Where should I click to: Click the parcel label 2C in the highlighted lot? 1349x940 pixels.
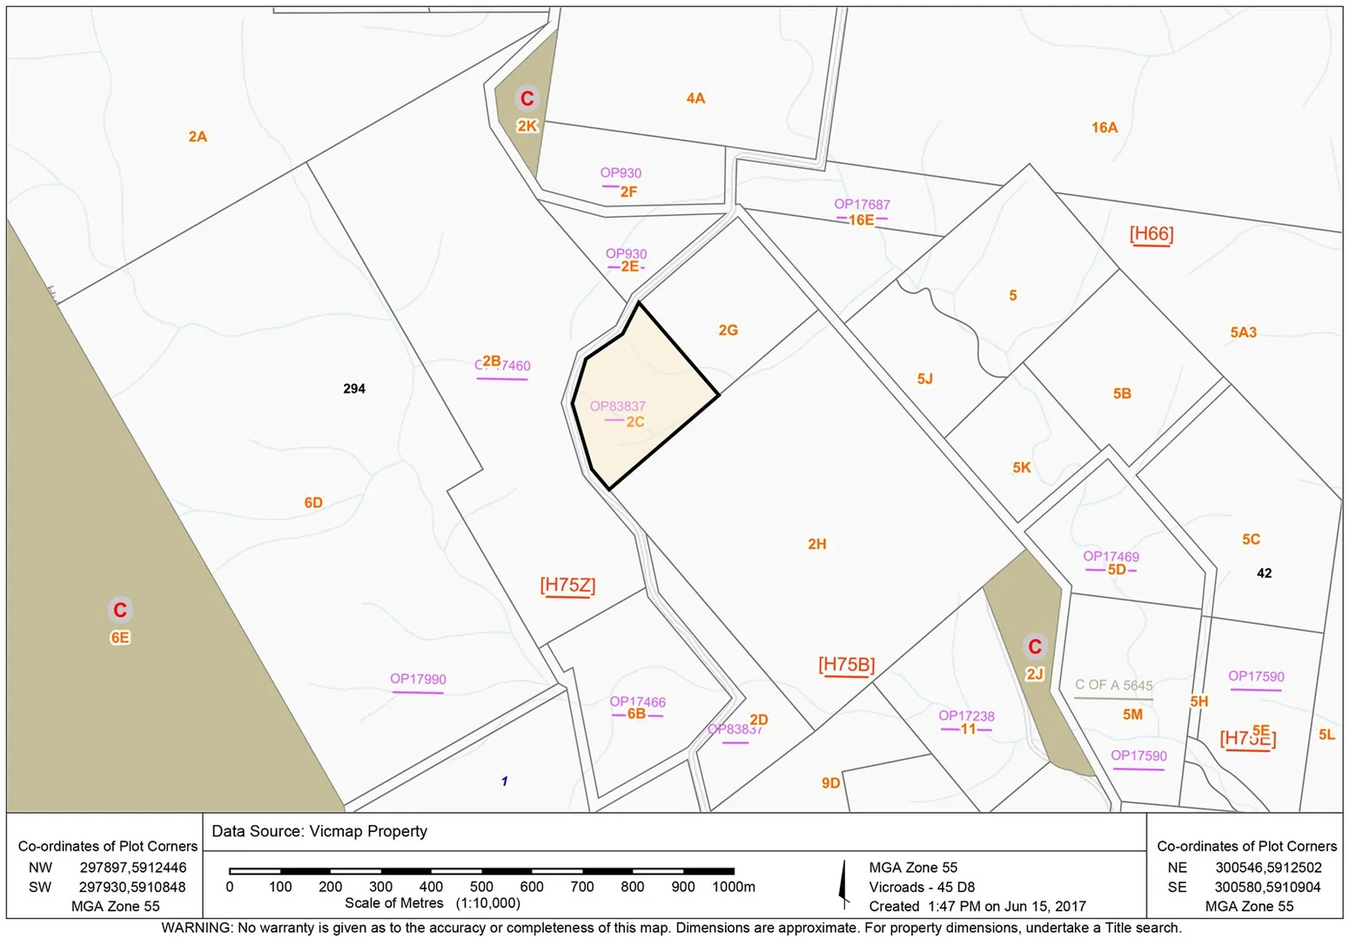(x=635, y=422)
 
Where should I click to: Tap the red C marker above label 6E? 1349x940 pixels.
(x=120, y=610)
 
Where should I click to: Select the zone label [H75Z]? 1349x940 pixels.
(x=567, y=586)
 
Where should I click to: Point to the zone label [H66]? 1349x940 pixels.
(x=1151, y=234)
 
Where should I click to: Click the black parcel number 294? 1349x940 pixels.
(x=354, y=389)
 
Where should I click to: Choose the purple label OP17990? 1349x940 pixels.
(x=418, y=679)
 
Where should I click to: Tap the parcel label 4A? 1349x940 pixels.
(x=695, y=98)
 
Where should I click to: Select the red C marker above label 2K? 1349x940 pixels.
(x=527, y=98)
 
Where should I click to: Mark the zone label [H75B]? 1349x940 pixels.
(x=846, y=665)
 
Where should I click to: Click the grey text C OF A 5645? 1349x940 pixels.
(x=1113, y=685)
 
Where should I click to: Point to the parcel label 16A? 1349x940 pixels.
(x=1104, y=128)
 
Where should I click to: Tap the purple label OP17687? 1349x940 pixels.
(x=862, y=205)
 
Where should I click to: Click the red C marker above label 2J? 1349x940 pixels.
(x=1035, y=647)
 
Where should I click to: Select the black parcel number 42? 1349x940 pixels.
(x=1265, y=574)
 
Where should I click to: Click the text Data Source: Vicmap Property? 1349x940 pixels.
(x=319, y=831)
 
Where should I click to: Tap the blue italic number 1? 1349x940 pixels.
(x=505, y=782)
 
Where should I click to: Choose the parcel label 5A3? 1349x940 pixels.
(x=1243, y=332)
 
